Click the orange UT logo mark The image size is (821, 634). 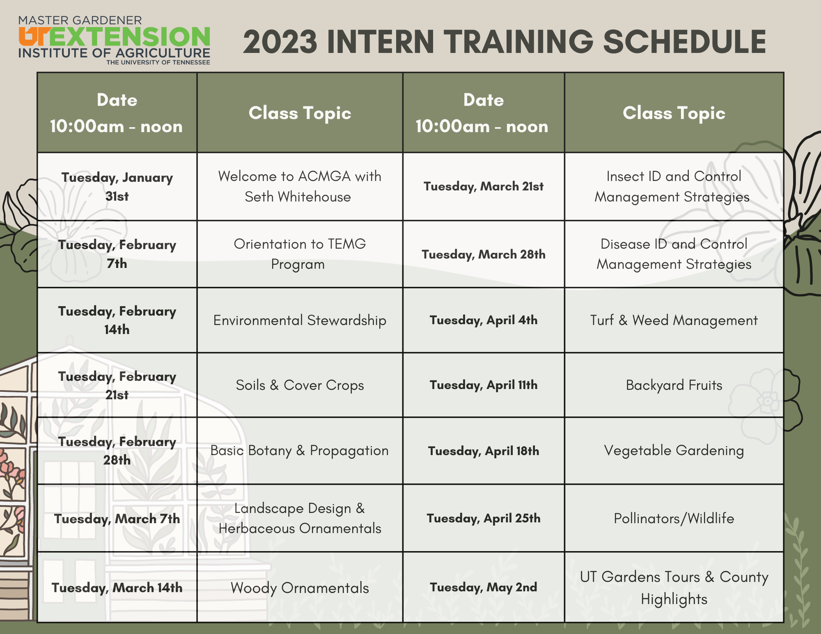coord(35,36)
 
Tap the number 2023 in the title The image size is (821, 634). coord(280,42)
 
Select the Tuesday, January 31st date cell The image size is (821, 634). coord(117,187)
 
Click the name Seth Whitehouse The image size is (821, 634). coord(298,197)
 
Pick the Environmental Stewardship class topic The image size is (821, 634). coord(300,320)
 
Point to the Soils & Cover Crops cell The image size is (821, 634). coord(300,385)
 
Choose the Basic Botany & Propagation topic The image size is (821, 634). coord(299,451)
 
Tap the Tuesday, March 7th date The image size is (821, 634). coord(117,519)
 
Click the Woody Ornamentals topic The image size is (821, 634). coord(300,588)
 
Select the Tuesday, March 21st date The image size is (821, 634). coord(484,187)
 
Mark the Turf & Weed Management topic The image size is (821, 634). coord(674,320)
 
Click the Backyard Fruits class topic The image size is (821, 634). coord(674,385)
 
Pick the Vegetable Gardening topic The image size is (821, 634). coord(674,451)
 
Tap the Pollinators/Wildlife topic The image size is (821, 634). coord(674,519)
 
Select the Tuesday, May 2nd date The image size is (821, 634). coord(484,588)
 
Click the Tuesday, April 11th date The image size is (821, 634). coord(484,385)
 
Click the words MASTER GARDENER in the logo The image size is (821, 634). coord(80,21)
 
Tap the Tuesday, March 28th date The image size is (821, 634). coord(484,254)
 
